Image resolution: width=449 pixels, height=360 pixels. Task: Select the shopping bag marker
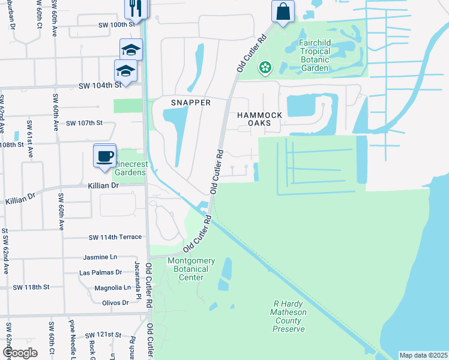(282, 11)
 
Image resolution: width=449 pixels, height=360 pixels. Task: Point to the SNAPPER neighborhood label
(191, 103)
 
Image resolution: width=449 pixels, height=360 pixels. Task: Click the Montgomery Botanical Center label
(191, 265)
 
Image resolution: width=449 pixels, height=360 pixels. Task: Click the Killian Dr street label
(104, 186)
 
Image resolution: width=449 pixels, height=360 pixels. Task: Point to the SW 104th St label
(100, 86)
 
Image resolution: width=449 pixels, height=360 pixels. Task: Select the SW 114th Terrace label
(115, 238)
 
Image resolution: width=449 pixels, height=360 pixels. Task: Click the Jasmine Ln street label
(100, 257)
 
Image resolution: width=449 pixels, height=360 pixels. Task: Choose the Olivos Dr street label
(116, 303)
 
